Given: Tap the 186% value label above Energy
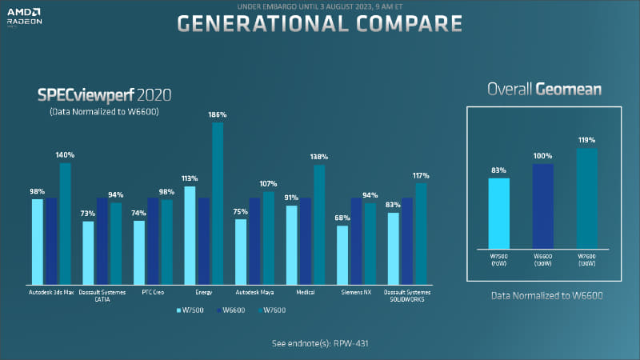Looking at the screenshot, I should pyautogui.click(x=218, y=115).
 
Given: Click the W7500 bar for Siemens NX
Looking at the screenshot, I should pyautogui.click(x=342, y=254).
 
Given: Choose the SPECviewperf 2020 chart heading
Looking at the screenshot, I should pyautogui.click(x=105, y=95).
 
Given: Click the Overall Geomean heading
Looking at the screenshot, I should pyautogui.click(x=546, y=89).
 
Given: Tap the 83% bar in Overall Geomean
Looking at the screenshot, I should pyautogui.click(x=499, y=213).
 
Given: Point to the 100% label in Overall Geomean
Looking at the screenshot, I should pyautogui.click(x=542, y=155).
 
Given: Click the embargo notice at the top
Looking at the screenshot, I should pyautogui.click(x=319, y=6).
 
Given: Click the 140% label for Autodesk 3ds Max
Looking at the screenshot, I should pyautogui.click(x=66, y=154).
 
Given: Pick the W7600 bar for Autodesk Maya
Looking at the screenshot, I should pyautogui.click(x=268, y=237).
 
